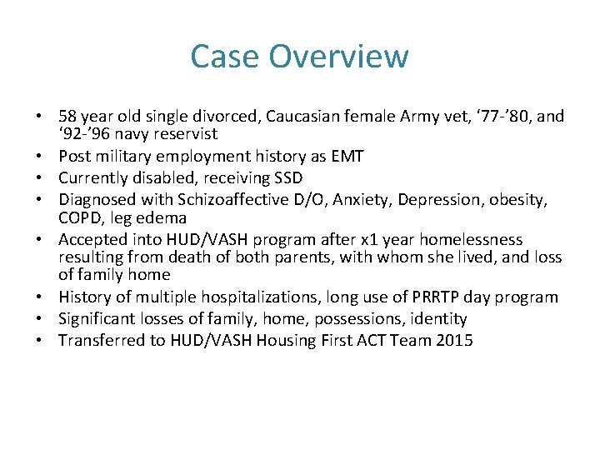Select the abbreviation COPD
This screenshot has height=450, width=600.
click(80, 217)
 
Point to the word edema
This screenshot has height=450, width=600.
click(168, 217)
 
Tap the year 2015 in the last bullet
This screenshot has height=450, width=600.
click(455, 340)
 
